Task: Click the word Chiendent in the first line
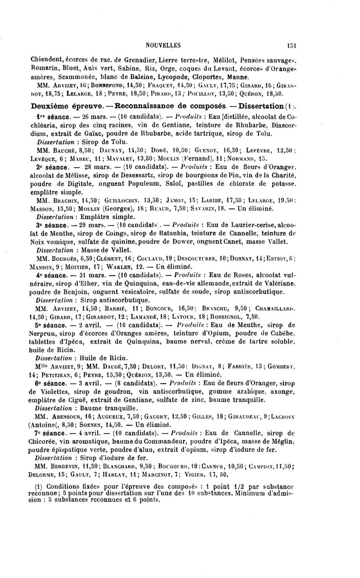click(47, 58)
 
